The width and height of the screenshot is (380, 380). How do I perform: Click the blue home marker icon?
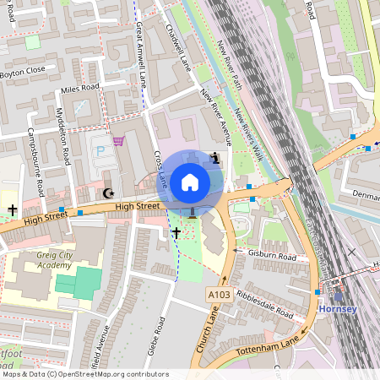click(x=190, y=182)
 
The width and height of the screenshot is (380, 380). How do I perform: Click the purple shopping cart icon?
click(x=118, y=141)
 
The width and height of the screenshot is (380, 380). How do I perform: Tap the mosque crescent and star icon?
click(x=107, y=193)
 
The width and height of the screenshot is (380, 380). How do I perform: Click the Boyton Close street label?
click(x=23, y=70)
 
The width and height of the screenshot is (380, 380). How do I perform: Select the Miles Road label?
click(x=79, y=87)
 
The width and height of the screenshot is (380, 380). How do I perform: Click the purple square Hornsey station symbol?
click(x=339, y=296)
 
